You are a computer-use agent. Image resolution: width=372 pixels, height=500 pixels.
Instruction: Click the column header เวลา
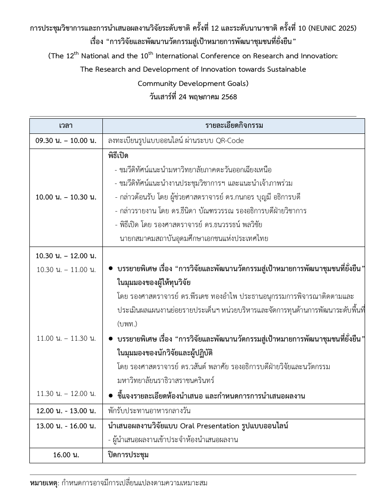(66, 126)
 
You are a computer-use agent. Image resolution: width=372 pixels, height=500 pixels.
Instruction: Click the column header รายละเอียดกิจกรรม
(234, 126)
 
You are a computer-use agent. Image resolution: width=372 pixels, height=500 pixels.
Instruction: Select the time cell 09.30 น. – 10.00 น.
(66, 141)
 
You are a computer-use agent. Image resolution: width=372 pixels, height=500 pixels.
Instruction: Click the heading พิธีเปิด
(118, 156)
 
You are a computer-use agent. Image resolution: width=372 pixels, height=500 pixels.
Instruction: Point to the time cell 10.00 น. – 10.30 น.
(66, 197)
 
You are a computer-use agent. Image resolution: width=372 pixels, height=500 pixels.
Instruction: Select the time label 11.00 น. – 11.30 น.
(66, 338)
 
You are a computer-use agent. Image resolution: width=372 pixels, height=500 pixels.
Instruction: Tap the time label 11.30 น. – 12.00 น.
(66, 393)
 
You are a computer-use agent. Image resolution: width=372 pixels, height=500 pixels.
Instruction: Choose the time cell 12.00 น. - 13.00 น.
(66, 411)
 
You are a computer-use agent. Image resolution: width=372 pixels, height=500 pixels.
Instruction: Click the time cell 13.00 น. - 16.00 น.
(66, 426)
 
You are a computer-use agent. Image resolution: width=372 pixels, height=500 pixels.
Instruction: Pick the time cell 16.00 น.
(66, 455)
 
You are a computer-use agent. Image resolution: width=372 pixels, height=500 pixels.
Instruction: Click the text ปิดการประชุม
(128, 455)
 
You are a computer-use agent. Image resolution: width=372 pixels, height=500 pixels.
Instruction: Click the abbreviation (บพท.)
(127, 323)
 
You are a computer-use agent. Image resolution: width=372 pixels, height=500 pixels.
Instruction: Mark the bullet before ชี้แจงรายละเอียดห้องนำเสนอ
(111, 395)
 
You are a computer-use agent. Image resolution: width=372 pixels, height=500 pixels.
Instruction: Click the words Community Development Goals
(193, 83)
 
